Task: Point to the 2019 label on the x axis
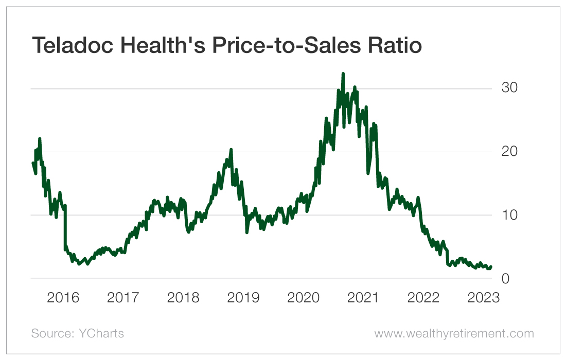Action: [244, 298]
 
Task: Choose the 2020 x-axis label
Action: [304, 298]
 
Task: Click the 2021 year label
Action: [363, 298]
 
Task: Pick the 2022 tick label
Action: [423, 298]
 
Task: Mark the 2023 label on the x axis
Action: [483, 298]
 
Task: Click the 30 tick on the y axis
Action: [510, 88]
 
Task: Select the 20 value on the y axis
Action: [510, 152]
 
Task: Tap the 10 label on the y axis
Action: [510, 215]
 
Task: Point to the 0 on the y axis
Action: [505, 278]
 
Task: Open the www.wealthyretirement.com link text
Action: [454, 333]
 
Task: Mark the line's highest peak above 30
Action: [343, 74]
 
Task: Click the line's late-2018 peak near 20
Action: [231, 150]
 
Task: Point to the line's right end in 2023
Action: [491, 267]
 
